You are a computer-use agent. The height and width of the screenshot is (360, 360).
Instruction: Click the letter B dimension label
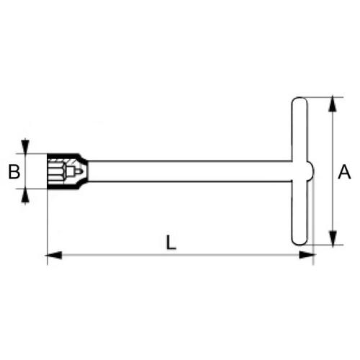pos(12,171)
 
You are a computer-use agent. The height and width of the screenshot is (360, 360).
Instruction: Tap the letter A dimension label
pos(345,171)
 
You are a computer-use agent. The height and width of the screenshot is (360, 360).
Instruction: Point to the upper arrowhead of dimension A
pos(332,102)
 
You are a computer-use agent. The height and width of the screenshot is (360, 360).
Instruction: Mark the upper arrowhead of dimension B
pos(26,146)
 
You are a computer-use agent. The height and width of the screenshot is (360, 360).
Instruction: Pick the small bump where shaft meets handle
pos(311,171)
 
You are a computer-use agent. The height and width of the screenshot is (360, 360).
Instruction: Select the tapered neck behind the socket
pos(85,171)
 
